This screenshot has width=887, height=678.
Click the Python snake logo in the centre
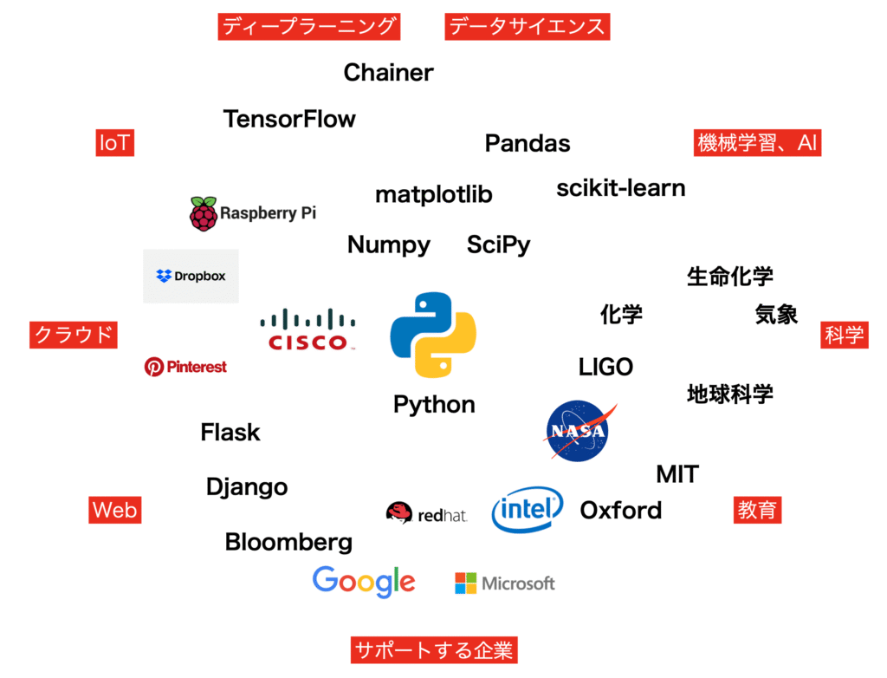tap(433, 335)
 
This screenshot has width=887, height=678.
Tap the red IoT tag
tap(114, 143)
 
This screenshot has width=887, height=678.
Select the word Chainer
tap(388, 73)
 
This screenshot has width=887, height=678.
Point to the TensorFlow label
tap(289, 119)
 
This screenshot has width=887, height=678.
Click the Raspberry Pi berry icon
tap(204, 213)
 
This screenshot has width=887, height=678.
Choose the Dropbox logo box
tap(191, 277)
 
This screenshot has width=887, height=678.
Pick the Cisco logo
tap(308, 330)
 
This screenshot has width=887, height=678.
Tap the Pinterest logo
tap(185, 367)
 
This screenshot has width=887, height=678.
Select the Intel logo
tap(528, 509)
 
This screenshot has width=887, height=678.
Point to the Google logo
tap(364, 582)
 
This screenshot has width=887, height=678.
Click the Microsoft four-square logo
tap(466, 583)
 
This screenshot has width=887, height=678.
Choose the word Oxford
tap(620, 510)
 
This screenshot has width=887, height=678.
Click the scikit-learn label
tap(620, 188)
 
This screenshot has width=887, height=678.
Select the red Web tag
tap(114, 510)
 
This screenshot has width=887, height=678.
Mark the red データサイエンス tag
tap(527, 27)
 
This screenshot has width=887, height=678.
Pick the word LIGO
tap(605, 368)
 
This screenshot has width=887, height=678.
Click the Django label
tap(247, 487)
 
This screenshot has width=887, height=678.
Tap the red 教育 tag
tap(757, 510)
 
